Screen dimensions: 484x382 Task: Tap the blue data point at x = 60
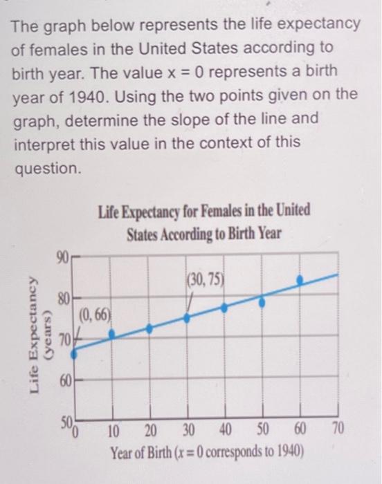(300, 280)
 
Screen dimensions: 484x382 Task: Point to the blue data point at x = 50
(262, 301)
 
